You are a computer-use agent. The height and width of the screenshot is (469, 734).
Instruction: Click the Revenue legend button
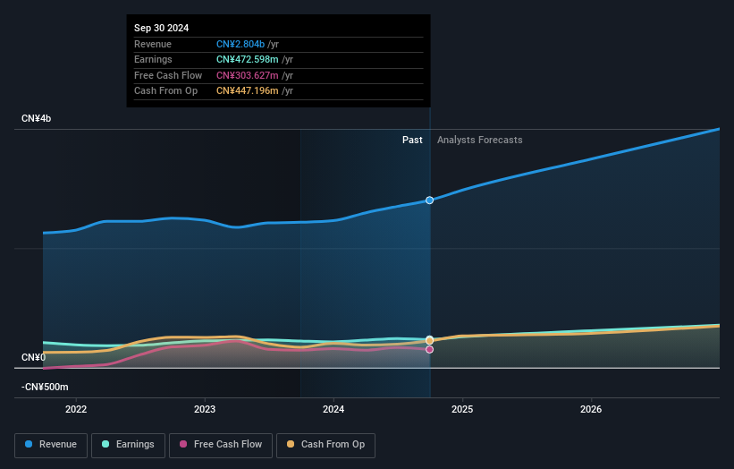point(51,444)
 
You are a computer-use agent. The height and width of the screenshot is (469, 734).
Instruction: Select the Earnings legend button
point(128,444)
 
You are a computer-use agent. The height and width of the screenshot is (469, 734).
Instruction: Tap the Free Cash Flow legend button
point(221,444)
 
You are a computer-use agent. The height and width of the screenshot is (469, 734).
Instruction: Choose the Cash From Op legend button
point(325,444)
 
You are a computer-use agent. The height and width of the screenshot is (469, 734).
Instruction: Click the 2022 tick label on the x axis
point(77,410)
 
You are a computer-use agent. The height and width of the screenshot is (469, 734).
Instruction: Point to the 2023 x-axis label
point(205,410)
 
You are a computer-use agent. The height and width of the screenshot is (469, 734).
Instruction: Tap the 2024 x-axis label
point(333,410)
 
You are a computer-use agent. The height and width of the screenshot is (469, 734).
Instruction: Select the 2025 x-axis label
point(462,410)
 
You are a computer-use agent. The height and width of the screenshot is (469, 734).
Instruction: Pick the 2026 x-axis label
point(591,410)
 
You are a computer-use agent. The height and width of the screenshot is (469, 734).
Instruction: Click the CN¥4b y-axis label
point(37,118)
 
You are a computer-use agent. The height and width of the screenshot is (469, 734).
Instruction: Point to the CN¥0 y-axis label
point(33,357)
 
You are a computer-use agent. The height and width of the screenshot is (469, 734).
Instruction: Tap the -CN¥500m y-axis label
point(45,387)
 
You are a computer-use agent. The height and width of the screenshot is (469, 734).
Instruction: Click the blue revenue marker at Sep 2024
point(430,200)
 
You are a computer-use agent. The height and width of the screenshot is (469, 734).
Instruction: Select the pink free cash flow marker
point(430,349)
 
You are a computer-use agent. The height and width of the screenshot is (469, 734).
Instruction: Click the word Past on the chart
point(412,140)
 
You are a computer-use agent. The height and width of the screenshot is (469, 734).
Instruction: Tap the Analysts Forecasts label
point(479,140)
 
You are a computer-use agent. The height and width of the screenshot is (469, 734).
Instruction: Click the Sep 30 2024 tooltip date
point(162,29)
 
